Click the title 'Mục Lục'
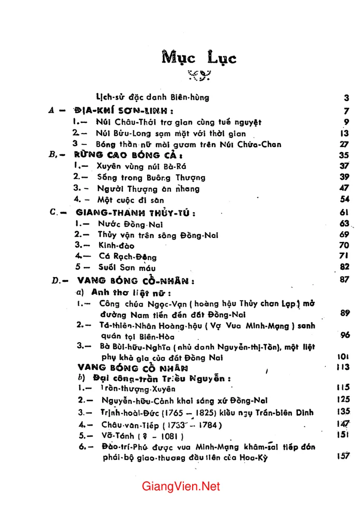199,57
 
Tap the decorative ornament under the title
198,75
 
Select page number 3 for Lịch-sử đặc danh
347,98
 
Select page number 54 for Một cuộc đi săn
345,199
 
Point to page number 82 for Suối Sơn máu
345,266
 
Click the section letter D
57,281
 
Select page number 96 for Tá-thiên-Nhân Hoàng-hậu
345,335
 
